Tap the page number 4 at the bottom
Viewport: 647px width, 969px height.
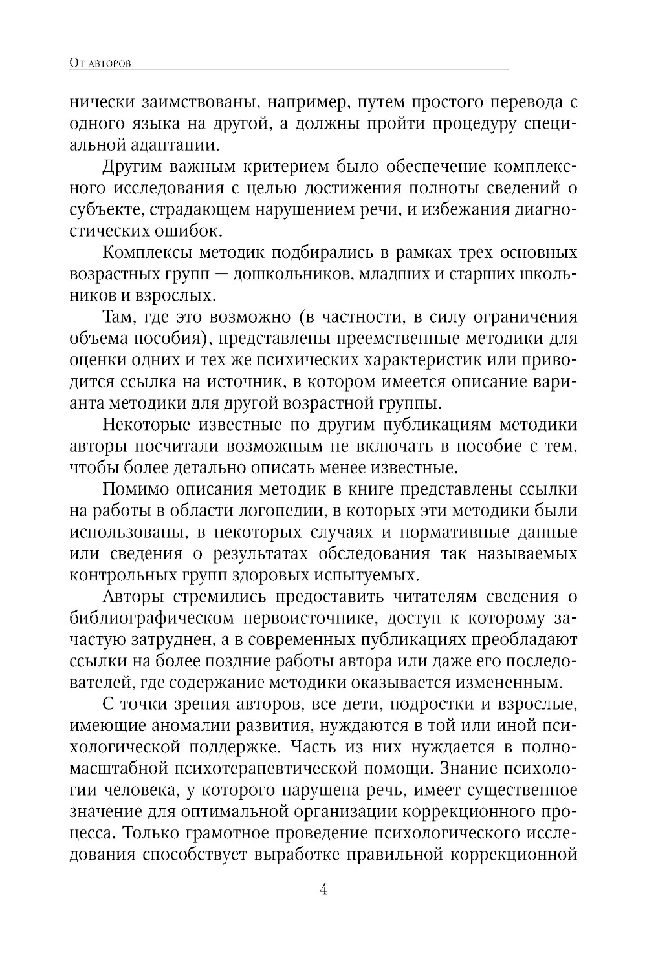[323, 889]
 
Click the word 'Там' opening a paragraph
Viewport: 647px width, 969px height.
[117, 317]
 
